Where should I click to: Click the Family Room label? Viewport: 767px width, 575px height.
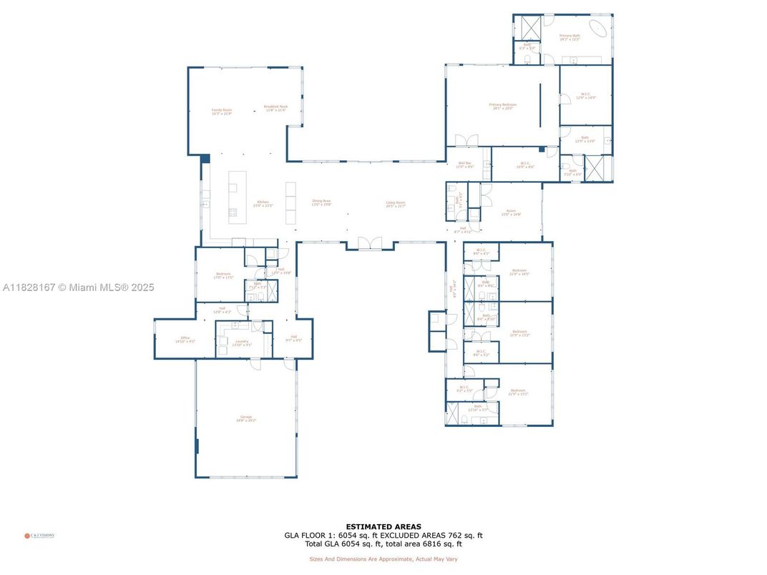[x=221, y=112]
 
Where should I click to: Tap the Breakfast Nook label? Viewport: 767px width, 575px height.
[x=275, y=108]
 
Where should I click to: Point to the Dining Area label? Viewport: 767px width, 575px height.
[x=321, y=202]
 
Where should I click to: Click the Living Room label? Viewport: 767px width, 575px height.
[x=396, y=204]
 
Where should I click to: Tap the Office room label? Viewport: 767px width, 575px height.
[x=185, y=340]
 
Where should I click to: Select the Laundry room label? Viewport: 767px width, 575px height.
[x=242, y=343]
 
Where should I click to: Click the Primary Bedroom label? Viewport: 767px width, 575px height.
[x=502, y=106]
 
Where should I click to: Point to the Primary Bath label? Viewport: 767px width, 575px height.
[x=570, y=36]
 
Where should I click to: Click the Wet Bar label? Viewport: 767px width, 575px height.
[x=465, y=164]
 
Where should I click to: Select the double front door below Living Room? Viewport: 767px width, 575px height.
[x=370, y=244]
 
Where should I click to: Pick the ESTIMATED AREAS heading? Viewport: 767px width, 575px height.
[x=383, y=527]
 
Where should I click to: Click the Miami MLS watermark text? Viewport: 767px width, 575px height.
[x=79, y=287]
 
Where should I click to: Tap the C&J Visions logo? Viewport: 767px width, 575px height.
[x=40, y=535]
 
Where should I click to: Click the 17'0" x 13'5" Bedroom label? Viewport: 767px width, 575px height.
[x=224, y=275]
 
